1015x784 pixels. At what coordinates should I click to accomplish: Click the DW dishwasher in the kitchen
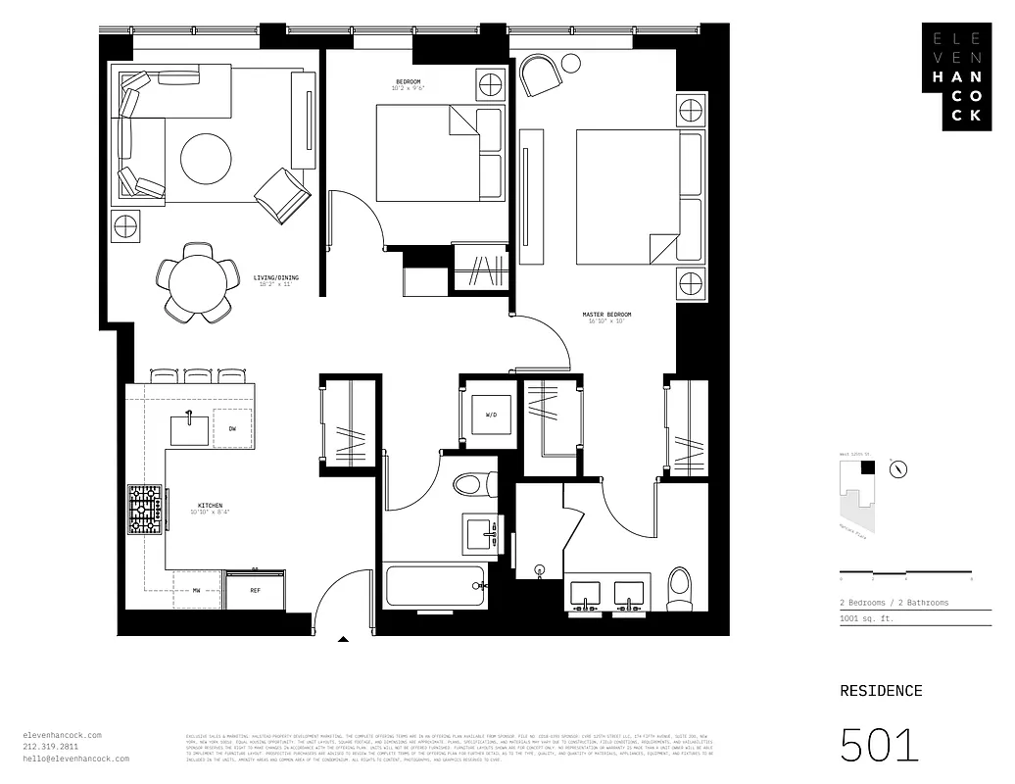coord(232,429)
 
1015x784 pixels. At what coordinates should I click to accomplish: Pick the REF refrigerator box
coord(255,591)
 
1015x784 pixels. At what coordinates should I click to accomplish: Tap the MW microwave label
coord(196,591)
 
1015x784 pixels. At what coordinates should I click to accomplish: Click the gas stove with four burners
coord(145,510)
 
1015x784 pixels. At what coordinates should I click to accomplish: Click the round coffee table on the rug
coord(206,157)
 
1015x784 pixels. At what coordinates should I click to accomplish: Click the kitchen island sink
coord(188,429)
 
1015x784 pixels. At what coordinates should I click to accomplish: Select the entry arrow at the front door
coord(343,640)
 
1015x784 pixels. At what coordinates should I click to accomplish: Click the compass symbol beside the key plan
coord(897,469)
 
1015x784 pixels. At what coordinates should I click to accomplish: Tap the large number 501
coord(880,745)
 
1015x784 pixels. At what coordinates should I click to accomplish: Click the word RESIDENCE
coord(881,691)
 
